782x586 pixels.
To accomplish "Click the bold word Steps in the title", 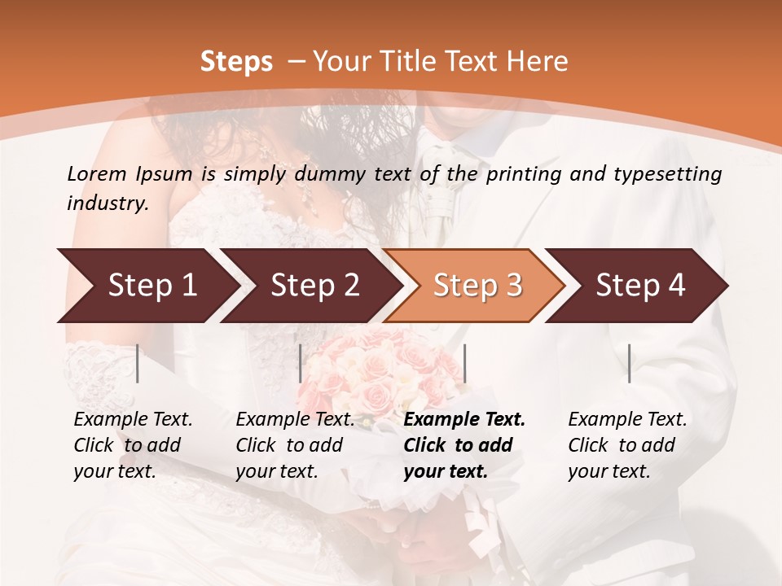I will (236, 62).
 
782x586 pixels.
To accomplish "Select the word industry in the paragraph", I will (108, 203).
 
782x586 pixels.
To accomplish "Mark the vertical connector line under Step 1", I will (138, 363).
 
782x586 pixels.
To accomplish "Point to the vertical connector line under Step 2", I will (301, 363).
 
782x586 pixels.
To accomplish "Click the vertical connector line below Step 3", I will (465, 363).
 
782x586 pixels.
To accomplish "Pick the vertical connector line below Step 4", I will (630, 363).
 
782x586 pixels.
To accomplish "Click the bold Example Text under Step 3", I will (464, 420).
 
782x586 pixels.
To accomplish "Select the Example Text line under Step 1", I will (133, 420).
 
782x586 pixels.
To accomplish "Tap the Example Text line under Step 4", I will (627, 420).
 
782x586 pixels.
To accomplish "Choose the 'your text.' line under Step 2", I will (277, 471).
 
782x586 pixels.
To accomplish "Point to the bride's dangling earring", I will (307, 195).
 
